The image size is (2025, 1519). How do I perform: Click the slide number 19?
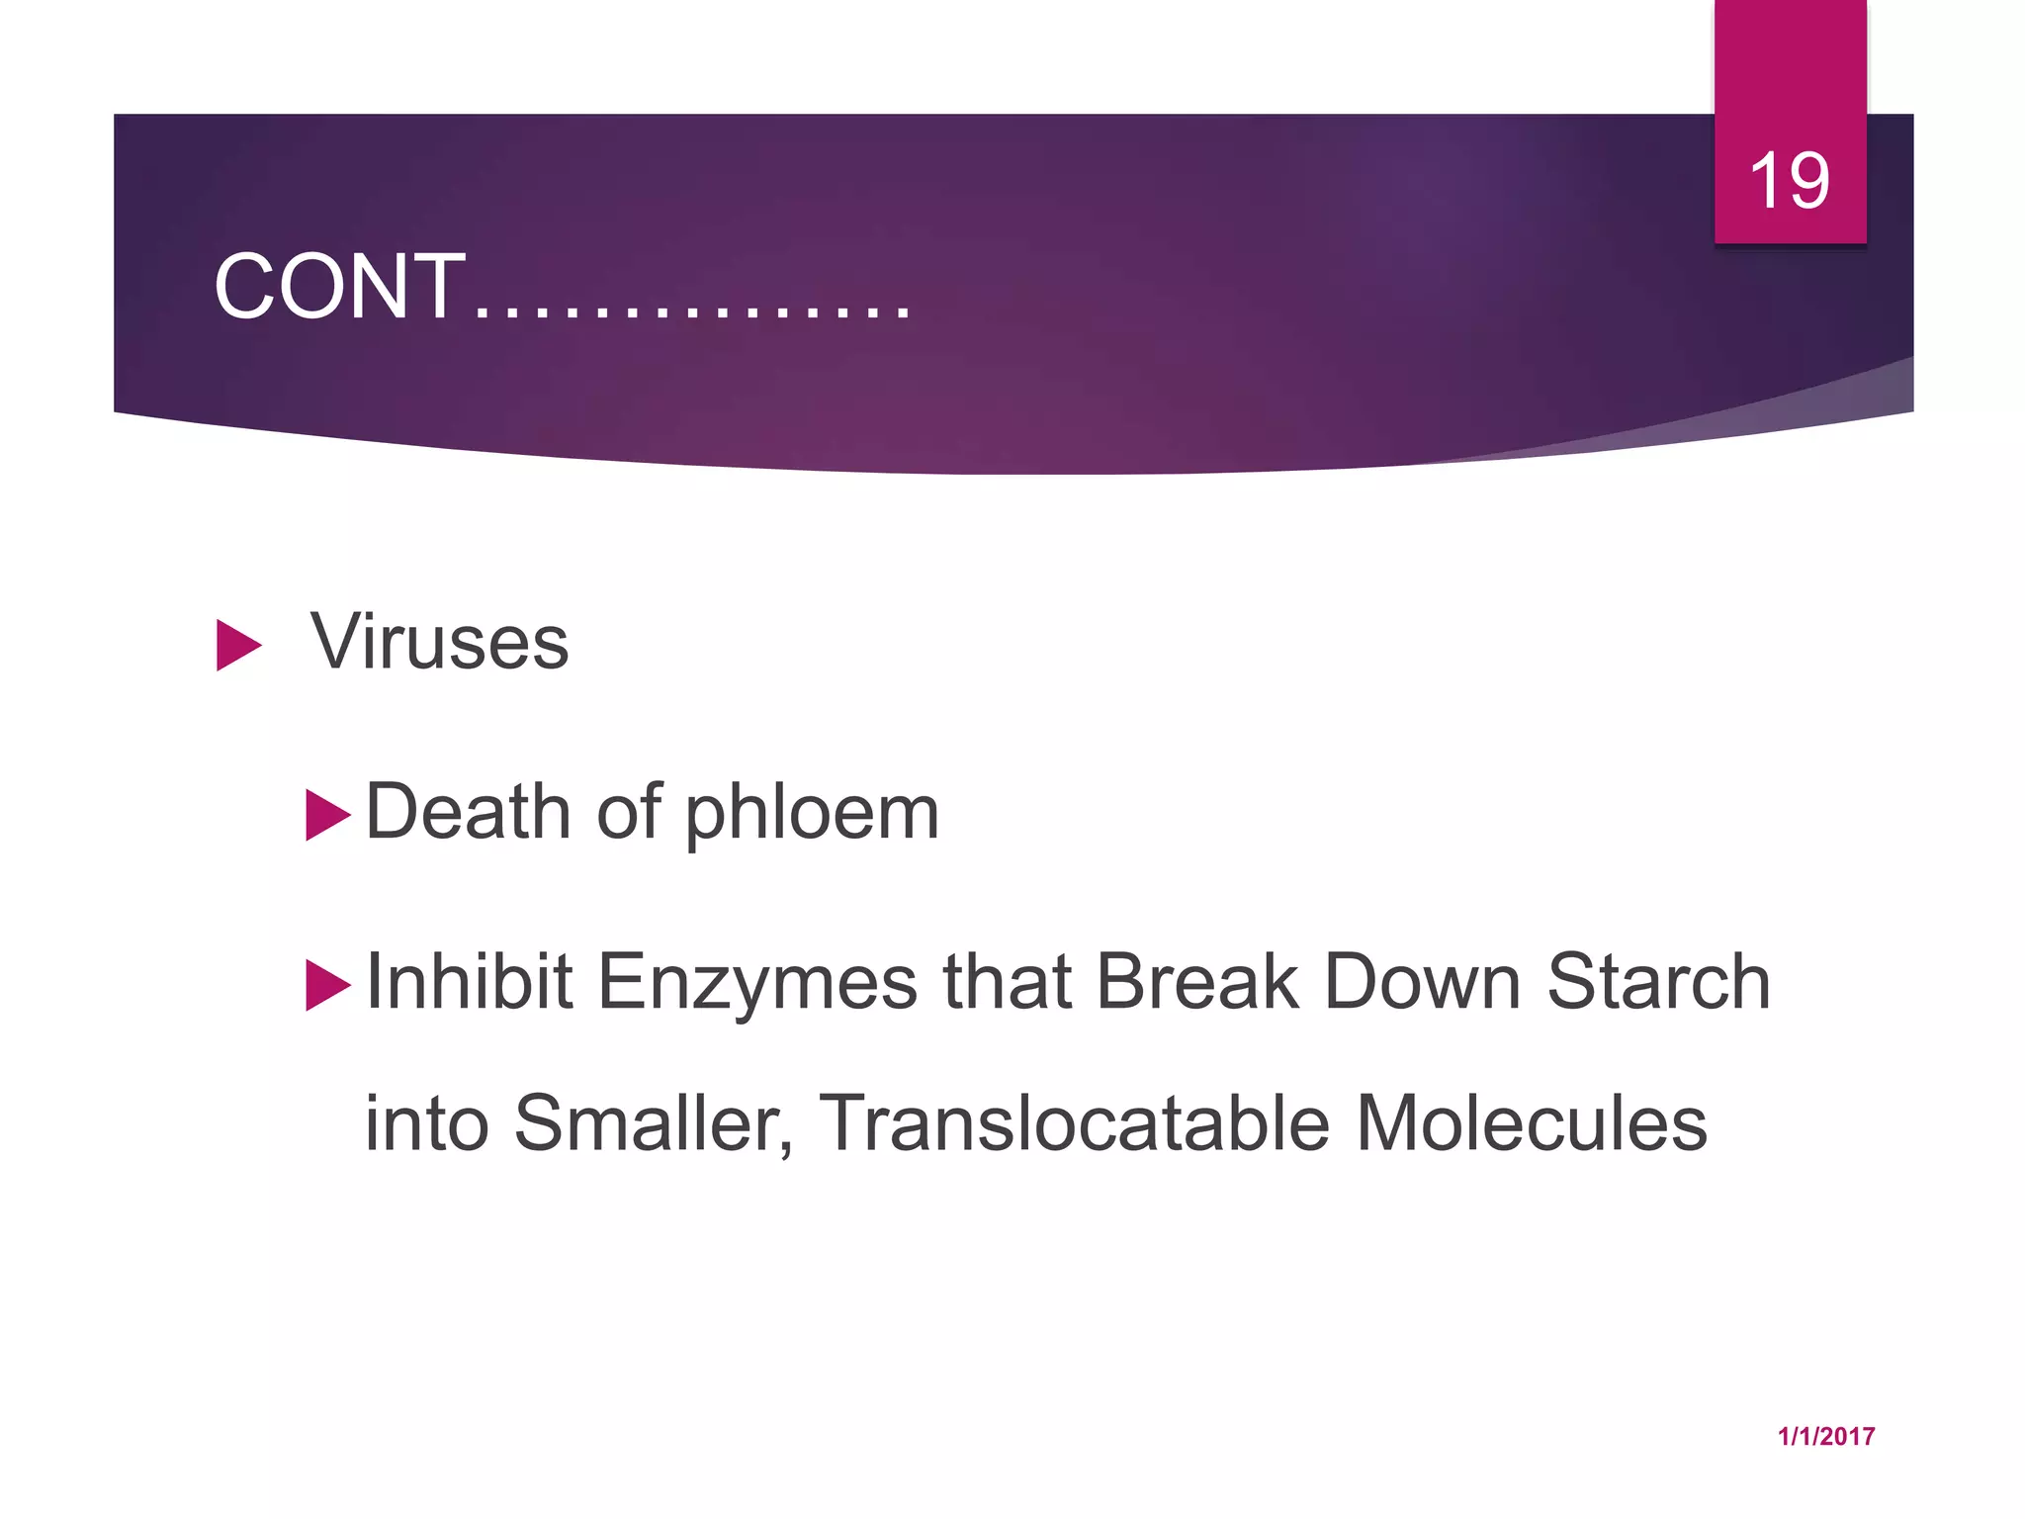coord(1789,181)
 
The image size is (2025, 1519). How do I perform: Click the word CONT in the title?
coord(339,287)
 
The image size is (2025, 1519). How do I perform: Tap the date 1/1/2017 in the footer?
coord(1825,1437)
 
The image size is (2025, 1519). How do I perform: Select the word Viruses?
coord(439,642)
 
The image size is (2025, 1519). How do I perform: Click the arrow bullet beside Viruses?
coord(238,646)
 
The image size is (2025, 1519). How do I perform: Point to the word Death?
coord(468,812)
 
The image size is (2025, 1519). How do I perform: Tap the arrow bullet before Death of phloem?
coord(328,815)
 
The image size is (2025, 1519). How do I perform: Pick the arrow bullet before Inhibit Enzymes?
coord(328,985)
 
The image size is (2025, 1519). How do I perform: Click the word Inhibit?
coord(469,982)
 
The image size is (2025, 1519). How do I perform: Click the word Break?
coord(1196,982)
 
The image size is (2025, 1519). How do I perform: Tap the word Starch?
coord(1658,982)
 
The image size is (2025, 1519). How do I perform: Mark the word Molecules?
coord(1531,1123)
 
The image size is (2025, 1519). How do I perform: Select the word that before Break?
coord(1007,982)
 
